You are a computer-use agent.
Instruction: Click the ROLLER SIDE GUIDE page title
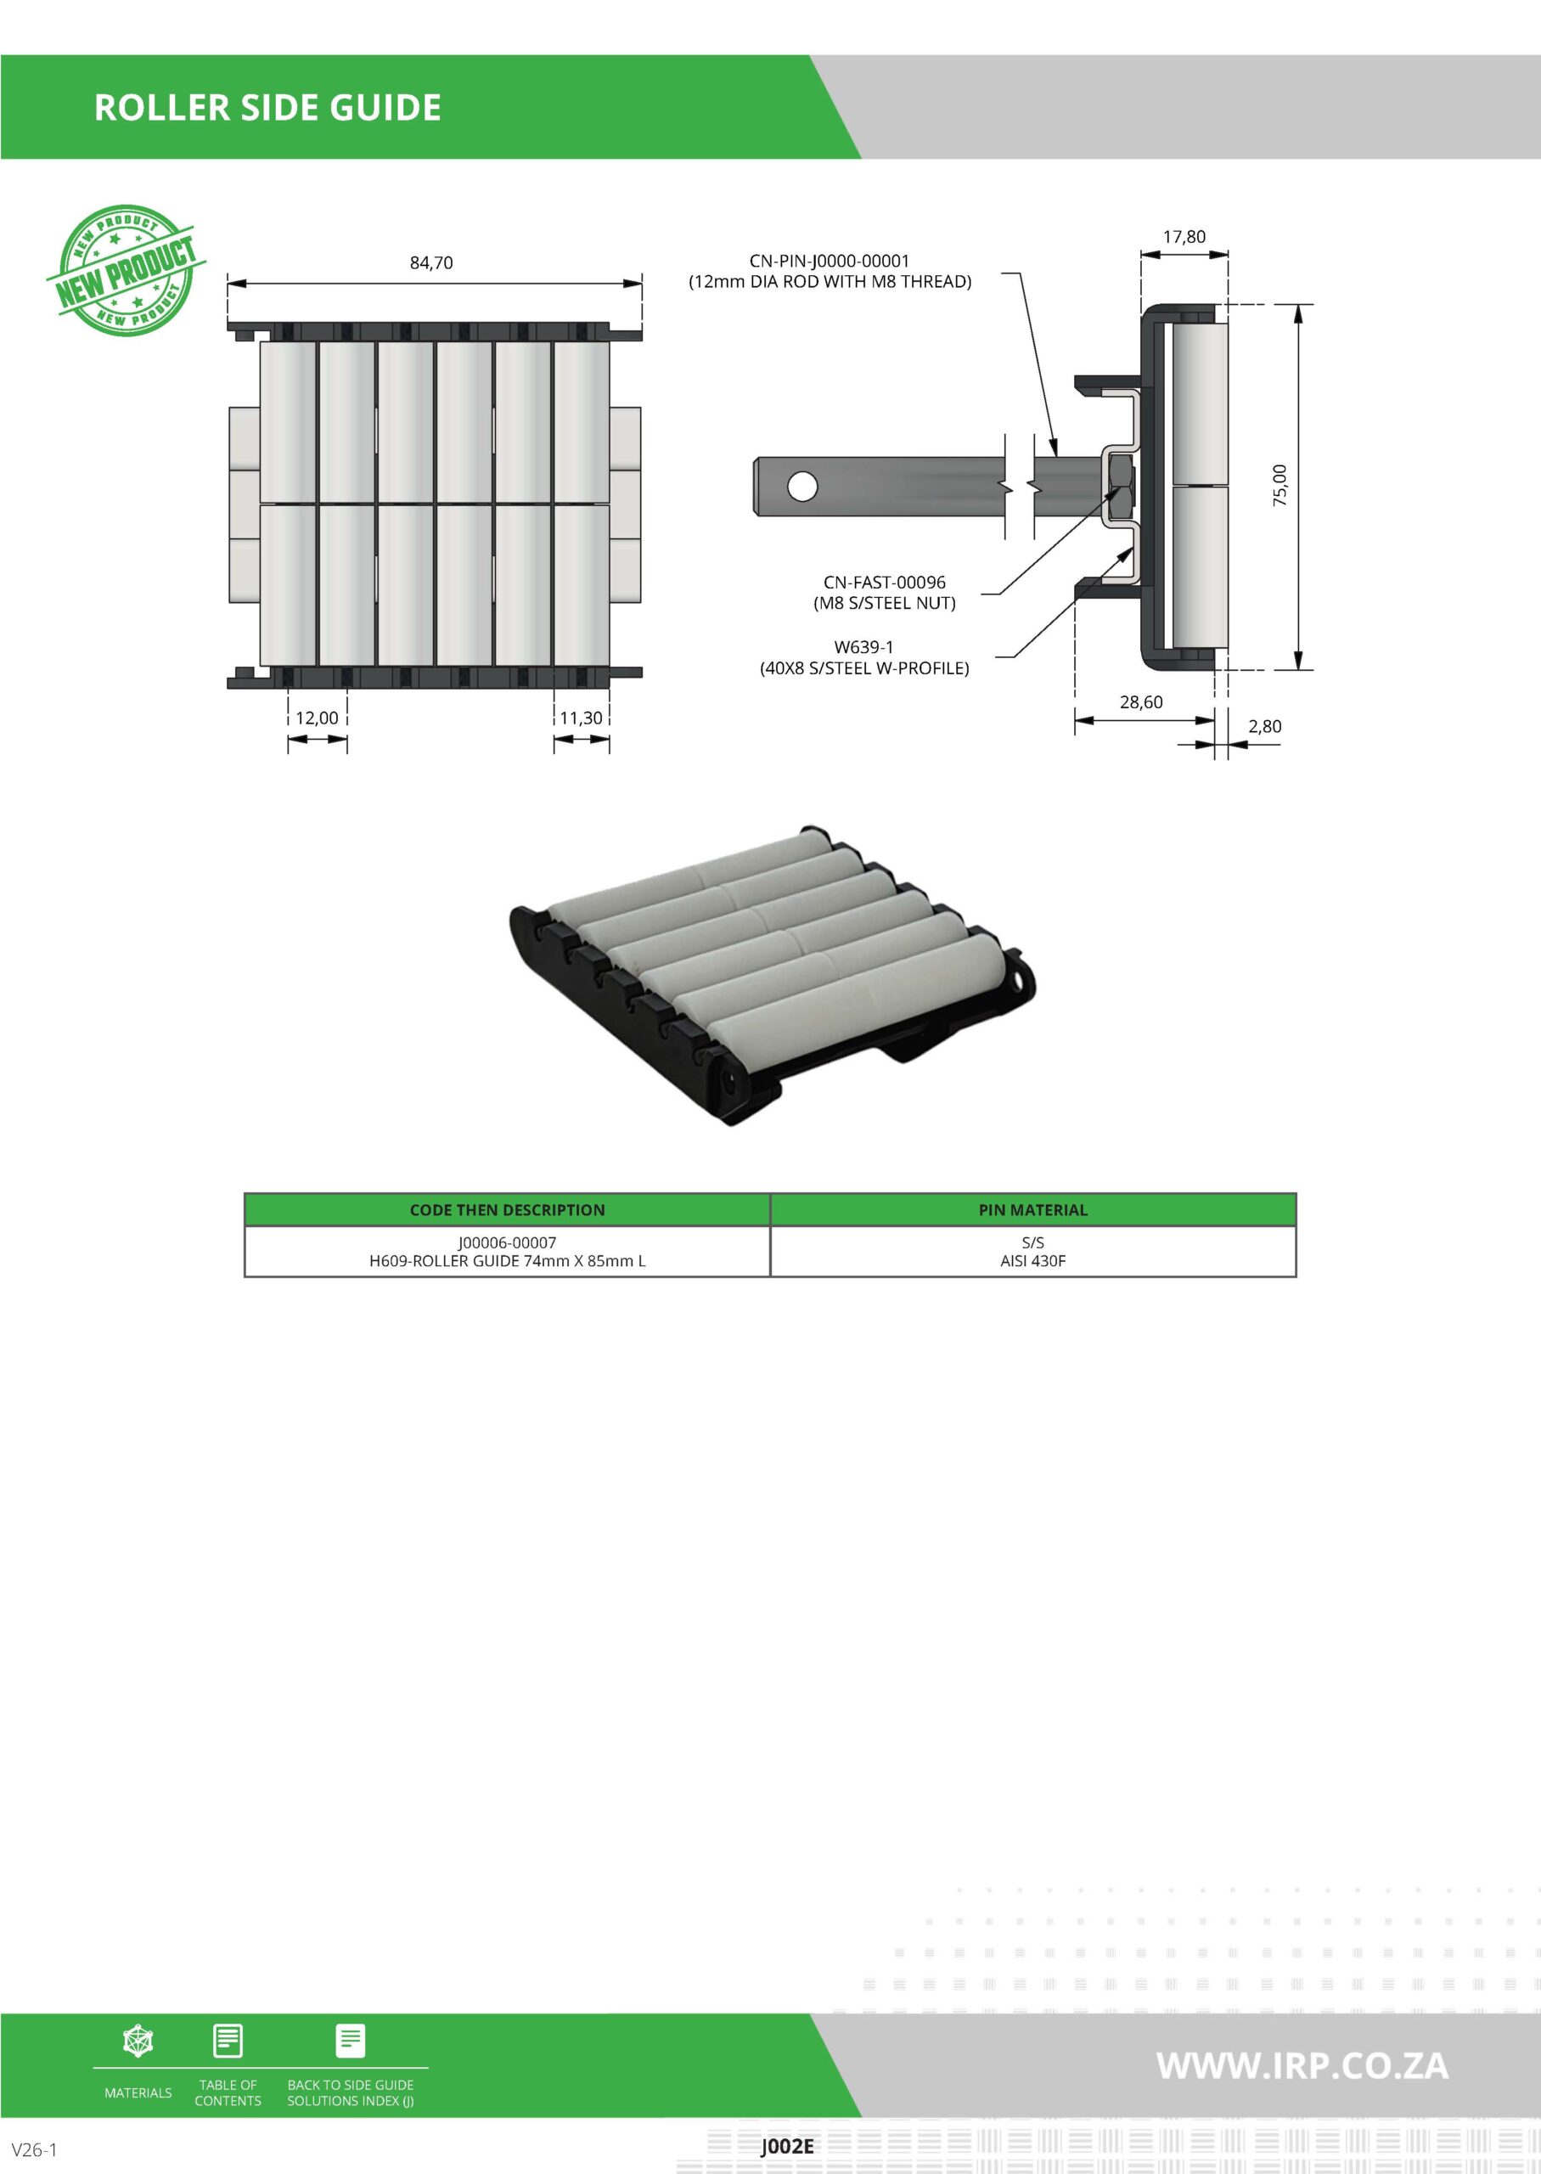pos(267,107)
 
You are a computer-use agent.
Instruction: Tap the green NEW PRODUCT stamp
pos(126,270)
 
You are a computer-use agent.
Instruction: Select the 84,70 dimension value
pos(430,263)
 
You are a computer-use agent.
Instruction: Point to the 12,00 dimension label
pos(317,718)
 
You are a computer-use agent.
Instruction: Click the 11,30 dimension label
pos(581,718)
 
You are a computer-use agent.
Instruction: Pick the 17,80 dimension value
pos(1184,237)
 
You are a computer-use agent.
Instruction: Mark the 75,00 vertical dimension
pos(1280,485)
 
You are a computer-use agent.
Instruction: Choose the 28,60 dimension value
pos(1140,702)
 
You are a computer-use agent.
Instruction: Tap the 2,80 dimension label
pos(1264,727)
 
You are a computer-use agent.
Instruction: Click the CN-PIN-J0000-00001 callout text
pos(830,261)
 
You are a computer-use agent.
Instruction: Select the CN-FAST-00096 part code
pos(885,583)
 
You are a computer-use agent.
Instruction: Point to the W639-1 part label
pos(863,647)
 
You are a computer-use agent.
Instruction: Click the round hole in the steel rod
pos(801,487)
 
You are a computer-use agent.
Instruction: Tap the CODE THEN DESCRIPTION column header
pos(507,1210)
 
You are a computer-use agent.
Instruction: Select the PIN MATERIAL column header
pos(1032,1210)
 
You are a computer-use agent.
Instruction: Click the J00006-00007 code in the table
pos(507,1242)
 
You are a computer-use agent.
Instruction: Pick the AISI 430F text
pos(1032,1261)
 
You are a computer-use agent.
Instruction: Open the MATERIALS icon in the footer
pos(138,2042)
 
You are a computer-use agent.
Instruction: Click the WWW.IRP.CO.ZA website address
pos(1302,2066)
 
